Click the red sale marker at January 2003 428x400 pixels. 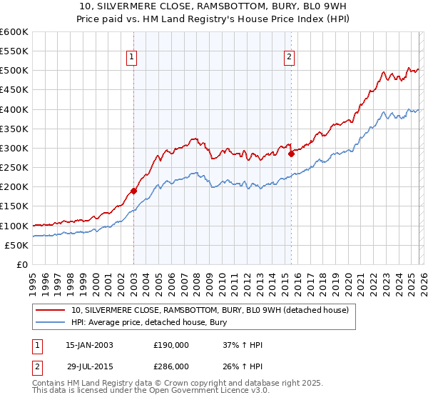click(133, 191)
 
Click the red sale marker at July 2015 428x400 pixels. click(291, 154)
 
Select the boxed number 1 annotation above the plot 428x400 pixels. click(133, 59)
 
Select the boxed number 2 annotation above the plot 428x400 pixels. click(290, 59)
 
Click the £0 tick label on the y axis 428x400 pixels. click(21, 264)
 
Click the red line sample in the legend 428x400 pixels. click(51, 310)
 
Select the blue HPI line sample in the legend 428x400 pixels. click(51, 323)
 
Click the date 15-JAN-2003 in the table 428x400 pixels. click(89, 345)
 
